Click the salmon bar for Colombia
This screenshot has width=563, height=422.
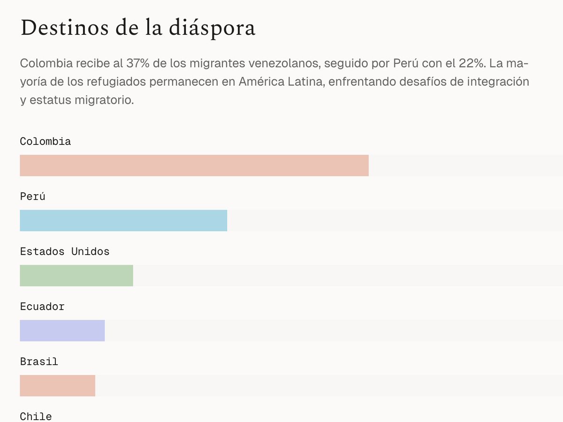click(194, 166)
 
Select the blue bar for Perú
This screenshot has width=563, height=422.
click(123, 220)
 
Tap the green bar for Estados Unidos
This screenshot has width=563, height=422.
click(76, 276)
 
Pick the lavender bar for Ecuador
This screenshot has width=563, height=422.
click(62, 331)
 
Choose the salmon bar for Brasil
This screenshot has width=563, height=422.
click(57, 385)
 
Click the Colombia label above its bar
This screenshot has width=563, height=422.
click(46, 142)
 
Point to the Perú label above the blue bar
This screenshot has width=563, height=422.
click(32, 196)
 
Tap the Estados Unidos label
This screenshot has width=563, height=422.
click(65, 252)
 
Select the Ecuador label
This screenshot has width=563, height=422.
click(42, 307)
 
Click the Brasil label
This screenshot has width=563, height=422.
click(39, 362)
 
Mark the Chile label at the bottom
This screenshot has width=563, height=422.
click(36, 416)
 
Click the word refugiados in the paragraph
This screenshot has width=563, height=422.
click(120, 82)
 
